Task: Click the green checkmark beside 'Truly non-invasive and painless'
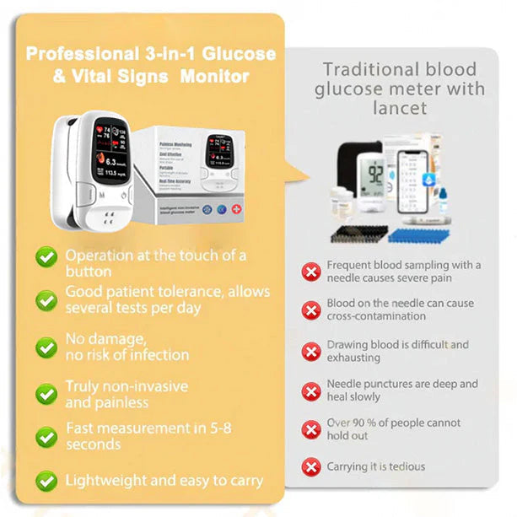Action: (x=46, y=393)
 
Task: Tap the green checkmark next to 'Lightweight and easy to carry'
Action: (x=46, y=481)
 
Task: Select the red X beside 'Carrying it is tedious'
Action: (x=312, y=466)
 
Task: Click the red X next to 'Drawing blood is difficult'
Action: (x=312, y=351)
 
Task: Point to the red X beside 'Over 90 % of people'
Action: (x=312, y=428)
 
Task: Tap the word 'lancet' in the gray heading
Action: (x=400, y=108)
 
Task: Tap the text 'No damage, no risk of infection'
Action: (x=127, y=347)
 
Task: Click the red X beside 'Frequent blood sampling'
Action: (x=312, y=272)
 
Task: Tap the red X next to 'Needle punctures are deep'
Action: (x=312, y=390)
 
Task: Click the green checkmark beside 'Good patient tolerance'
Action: (x=46, y=299)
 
